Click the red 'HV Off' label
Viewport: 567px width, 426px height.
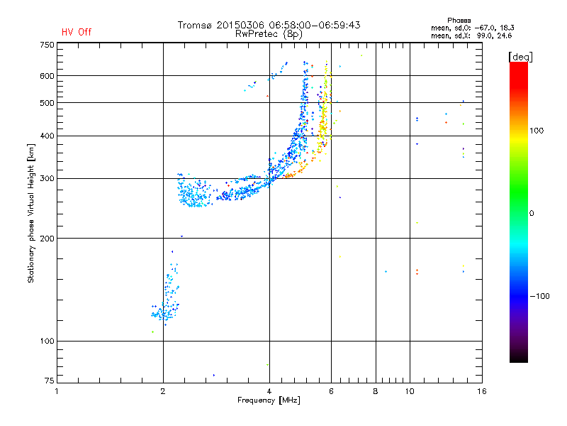[x=77, y=32]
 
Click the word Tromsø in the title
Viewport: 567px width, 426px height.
[x=195, y=25]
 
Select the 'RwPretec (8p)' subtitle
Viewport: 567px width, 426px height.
[x=269, y=33]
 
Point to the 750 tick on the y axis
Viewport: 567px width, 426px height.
[x=47, y=45]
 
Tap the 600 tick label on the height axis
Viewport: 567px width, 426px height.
[x=47, y=75]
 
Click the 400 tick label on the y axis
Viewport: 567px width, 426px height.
[x=47, y=136]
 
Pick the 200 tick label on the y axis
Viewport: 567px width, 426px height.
[x=47, y=238]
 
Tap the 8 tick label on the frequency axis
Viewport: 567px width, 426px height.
[x=376, y=391]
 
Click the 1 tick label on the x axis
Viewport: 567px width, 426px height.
[x=57, y=391]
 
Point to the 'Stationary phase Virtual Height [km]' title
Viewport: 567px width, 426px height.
[x=31, y=210]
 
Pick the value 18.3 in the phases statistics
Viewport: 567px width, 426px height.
[x=506, y=28]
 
